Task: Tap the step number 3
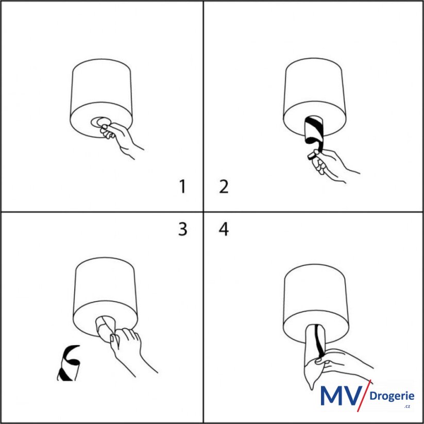(183, 229)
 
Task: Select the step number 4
(224, 229)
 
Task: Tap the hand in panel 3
(130, 349)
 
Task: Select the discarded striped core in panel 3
(68, 363)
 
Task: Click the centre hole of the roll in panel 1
(100, 122)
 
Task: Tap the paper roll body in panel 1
(101, 97)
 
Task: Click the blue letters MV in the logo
(341, 396)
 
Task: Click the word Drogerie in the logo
(392, 396)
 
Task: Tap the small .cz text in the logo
(407, 406)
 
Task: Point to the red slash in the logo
(364, 396)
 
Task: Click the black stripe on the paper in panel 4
(319, 341)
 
